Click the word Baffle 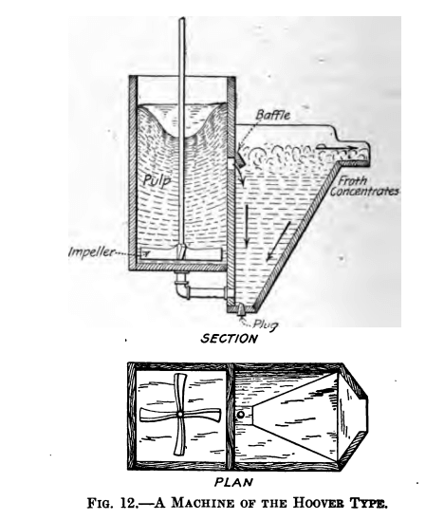point(273,115)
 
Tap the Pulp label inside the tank point(157,180)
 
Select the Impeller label point(91,252)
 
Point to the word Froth point(352,180)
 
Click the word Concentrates point(364,192)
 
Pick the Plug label point(266,325)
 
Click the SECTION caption point(229,339)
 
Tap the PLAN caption point(233,482)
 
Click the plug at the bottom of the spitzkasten point(241,310)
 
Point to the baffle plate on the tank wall point(240,158)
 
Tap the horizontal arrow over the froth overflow point(337,147)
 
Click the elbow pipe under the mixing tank point(183,288)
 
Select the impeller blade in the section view point(181,253)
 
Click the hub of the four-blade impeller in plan point(180,415)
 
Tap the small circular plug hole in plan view point(241,415)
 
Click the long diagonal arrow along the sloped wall point(279,241)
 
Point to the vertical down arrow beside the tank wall point(246,226)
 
